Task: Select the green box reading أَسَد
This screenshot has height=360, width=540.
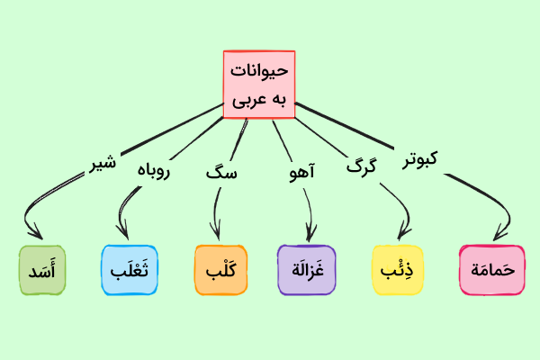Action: coord(42,270)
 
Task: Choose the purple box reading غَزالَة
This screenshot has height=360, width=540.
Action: coord(306,270)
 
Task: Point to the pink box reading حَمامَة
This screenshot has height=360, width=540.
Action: coord(490,270)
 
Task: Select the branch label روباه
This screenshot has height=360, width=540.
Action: coord(154,169)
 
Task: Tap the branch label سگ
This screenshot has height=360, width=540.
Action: coord(220,171)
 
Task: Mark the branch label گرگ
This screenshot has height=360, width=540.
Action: coord(360,166)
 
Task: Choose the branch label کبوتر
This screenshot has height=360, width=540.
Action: coord(419,159)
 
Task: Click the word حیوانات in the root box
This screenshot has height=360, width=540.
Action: coord(260,69)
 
